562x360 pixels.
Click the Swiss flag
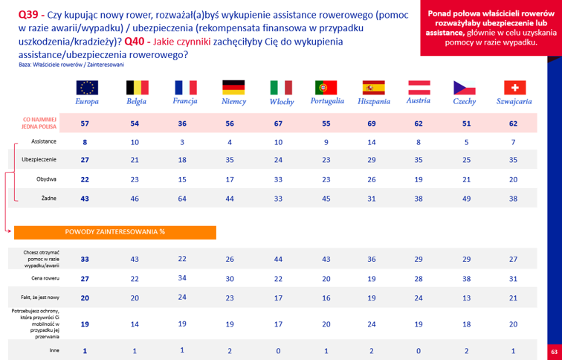[514, 88]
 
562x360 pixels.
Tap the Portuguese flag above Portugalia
[326, 88]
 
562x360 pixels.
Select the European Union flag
[87, 88]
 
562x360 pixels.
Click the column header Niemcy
[233, 102]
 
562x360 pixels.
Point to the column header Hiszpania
[374, 102]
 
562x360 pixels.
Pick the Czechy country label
[465, 102]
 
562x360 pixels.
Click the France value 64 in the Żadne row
[182, 199]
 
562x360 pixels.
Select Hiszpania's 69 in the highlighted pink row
[372, 123]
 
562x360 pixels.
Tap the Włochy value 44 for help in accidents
[278, 259]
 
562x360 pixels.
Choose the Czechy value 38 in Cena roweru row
[466, 279]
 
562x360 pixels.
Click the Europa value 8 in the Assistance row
[85, 142]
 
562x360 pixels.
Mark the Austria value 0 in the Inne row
[419, 351]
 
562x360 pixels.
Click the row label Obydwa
[46, 179]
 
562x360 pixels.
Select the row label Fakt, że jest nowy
[40, 298]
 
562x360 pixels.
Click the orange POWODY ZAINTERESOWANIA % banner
[115, 232]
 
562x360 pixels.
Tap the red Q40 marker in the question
[136, 42]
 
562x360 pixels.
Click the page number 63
[555, 350]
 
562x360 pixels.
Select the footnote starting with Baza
[71, 65]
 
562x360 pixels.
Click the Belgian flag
[138, 88]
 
